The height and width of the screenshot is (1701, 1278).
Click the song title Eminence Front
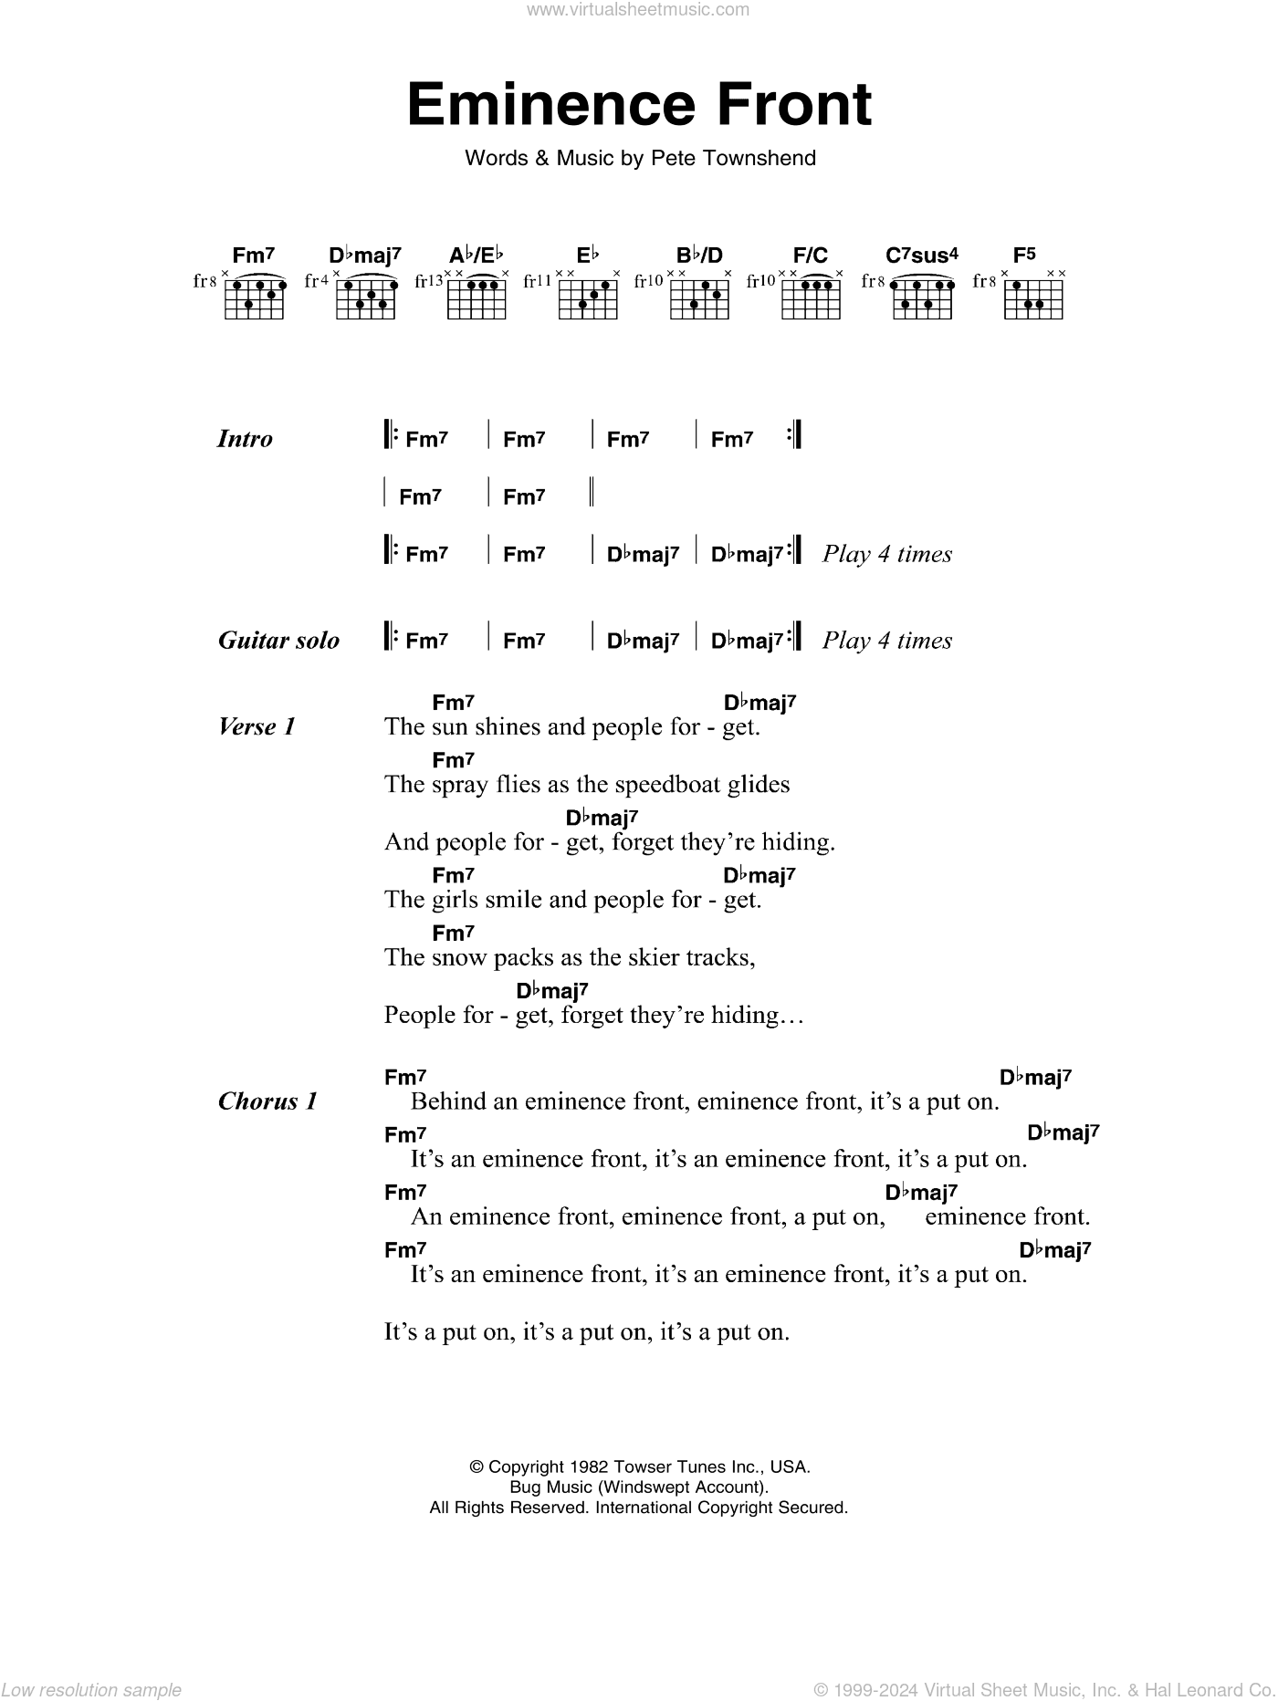click(x=639, y=105)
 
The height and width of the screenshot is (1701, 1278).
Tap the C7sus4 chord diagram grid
click(x=920, y=297)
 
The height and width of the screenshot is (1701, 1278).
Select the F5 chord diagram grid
click(x=1033, y=297)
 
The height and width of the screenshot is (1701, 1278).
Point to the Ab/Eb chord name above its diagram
click(x=476, y=256)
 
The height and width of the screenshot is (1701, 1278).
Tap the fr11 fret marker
click(x=538, y=282)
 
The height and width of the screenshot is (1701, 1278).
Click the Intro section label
click(x=245, y=439)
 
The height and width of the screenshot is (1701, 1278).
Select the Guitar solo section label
click(x=278, y=641)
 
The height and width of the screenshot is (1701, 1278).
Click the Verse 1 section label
click(x=257, y=727)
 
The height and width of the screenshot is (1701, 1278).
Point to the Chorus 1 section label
click(x=267, y=1101)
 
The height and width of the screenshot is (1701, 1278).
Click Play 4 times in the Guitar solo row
click(x=886, y=641)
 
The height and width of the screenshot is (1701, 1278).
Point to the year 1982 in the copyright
click(x=594, y=1467)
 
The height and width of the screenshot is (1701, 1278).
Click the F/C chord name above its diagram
click(x=811, y=256)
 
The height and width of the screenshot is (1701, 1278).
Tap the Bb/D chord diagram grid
click(x=700, y=297)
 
